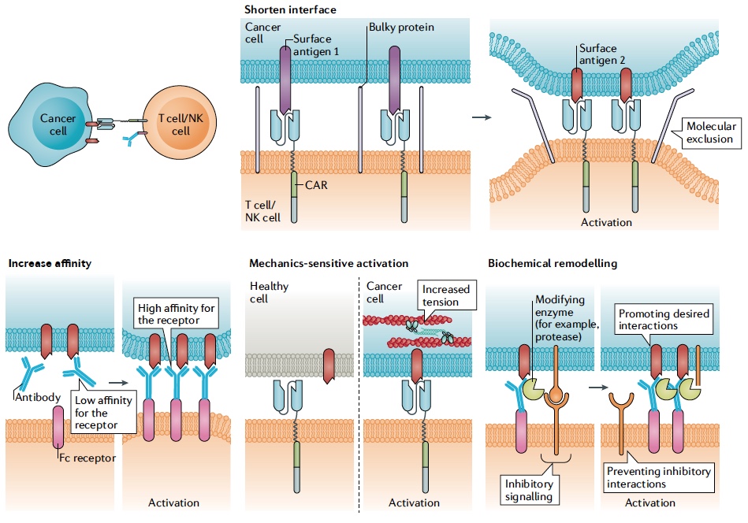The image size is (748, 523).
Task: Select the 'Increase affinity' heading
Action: point(50,263)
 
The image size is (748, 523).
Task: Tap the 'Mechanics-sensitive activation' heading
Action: point(329,263)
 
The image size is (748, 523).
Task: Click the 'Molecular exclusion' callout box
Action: point(709,132)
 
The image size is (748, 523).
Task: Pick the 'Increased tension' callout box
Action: point(445,295)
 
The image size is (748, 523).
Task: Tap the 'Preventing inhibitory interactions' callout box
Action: point(658,477)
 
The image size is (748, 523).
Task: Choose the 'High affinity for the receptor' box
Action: point(176,314)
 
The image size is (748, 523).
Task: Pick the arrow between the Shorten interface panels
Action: point(478,118)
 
